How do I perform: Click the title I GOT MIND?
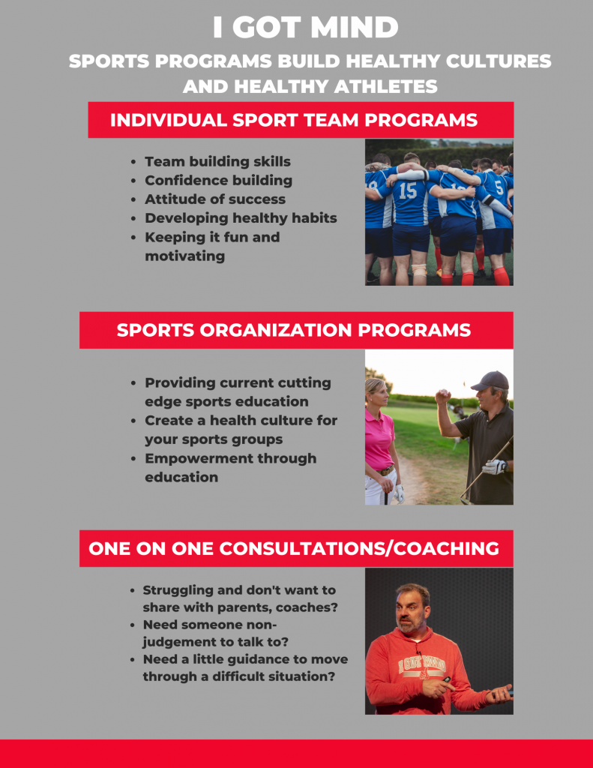coord(306,28)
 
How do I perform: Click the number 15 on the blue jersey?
coord(407,190)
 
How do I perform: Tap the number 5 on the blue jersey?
coord(499,187)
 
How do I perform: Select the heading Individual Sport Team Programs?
coord(294,120)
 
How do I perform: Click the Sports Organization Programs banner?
coord(296,330)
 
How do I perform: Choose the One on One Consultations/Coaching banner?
coord(296,548)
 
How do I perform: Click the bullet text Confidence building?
coord(218,181)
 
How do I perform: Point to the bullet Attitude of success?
coord(215,199)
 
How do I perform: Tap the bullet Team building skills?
coord(217,162)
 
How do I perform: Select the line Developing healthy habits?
coord(241,218)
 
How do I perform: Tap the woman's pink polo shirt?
coord(379,437)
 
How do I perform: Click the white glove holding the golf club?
coord(494,466)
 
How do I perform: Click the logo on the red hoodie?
coord(421,666)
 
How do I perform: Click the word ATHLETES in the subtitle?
coord(386,87)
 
